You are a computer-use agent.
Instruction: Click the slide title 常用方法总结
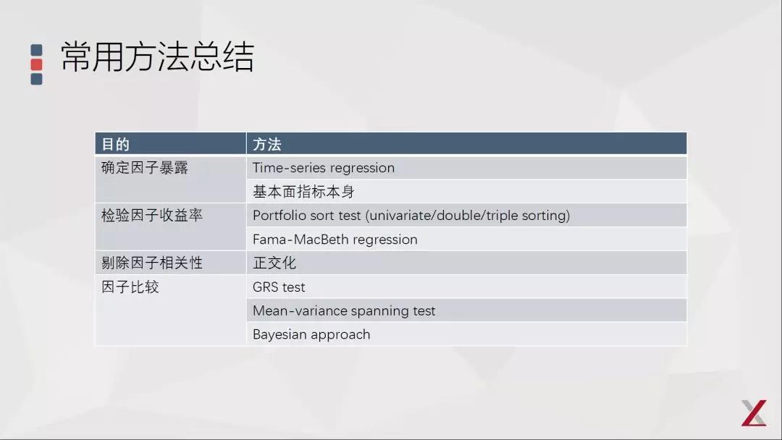(157, 57)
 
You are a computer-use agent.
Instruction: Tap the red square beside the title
(36, 64)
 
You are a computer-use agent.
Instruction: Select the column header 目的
(116, 144)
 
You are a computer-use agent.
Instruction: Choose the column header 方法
(266, 144)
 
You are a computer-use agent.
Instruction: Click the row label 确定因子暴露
(145, 168)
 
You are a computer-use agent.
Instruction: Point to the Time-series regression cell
(324, 168)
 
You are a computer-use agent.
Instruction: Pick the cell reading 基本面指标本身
(303, 192)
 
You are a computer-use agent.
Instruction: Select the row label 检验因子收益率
(152, 216)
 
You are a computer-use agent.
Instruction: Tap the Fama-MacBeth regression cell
(335, 240)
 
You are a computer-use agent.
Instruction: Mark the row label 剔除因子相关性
(152, 263)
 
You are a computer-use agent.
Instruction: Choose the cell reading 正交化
(274, 263)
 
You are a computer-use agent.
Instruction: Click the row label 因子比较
(130, 287)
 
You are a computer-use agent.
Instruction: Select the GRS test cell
(279, 287)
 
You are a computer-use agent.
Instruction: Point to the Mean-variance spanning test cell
(344, 311)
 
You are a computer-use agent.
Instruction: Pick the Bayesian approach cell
(311, 334)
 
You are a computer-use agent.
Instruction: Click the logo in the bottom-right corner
(753, 412)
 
